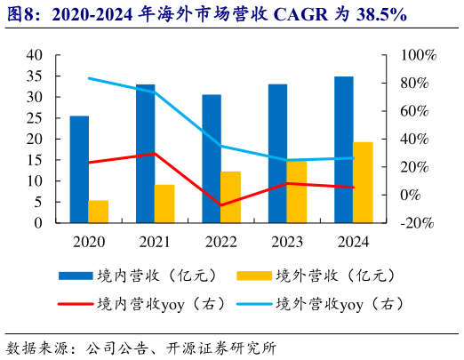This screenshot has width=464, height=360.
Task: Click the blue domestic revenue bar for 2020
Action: (79, 169)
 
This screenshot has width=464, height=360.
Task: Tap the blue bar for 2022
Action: (212, 158)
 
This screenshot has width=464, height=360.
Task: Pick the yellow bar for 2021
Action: (164, 204)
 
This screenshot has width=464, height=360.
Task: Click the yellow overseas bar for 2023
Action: (297, 191)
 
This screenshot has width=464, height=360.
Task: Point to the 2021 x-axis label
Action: (155, 240)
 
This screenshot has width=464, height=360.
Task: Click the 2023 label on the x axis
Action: (287, 240)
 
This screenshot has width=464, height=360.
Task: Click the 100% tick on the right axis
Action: (416, 55)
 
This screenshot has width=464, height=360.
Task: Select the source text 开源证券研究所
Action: (226, 347)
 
